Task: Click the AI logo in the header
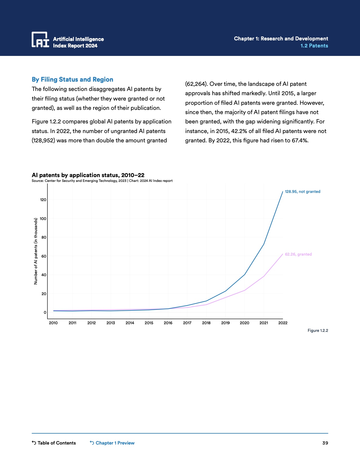pyautogui.click(x=40, y=40)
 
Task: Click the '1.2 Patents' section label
pyautogui.click(x=314, y=46)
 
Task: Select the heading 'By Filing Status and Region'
pyautogui.click(x=72, y=80)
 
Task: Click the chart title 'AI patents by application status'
pyautogui.click(x=88, y=175)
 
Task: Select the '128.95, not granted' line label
pyautogui.click(x=302, y=191)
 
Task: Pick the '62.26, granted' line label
pyautogui.click(x=298, y=254)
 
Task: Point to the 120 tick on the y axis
pyautogui.click(x=43, y=200)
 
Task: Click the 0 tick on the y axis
pyautogui.click(x=45, y=312)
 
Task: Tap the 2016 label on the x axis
pyautogui.click(x=168, y=323)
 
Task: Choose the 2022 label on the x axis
pyautogui.click(x=283, y=323)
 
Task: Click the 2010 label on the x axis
pyautogui.click(x=53, y=323)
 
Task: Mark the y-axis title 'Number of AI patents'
pyautogui.click(x=36, y=251)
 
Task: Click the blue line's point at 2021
pyautogui.click(x=264, y=244)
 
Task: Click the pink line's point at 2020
pyautogui.click(x=245, y=290)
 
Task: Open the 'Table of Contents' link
pyautogui.click(x=54, y=443)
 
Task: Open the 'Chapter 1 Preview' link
pyautogui.click(x=112, y=443)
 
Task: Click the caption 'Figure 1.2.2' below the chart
pyautogui.click(x=318, y=330)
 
